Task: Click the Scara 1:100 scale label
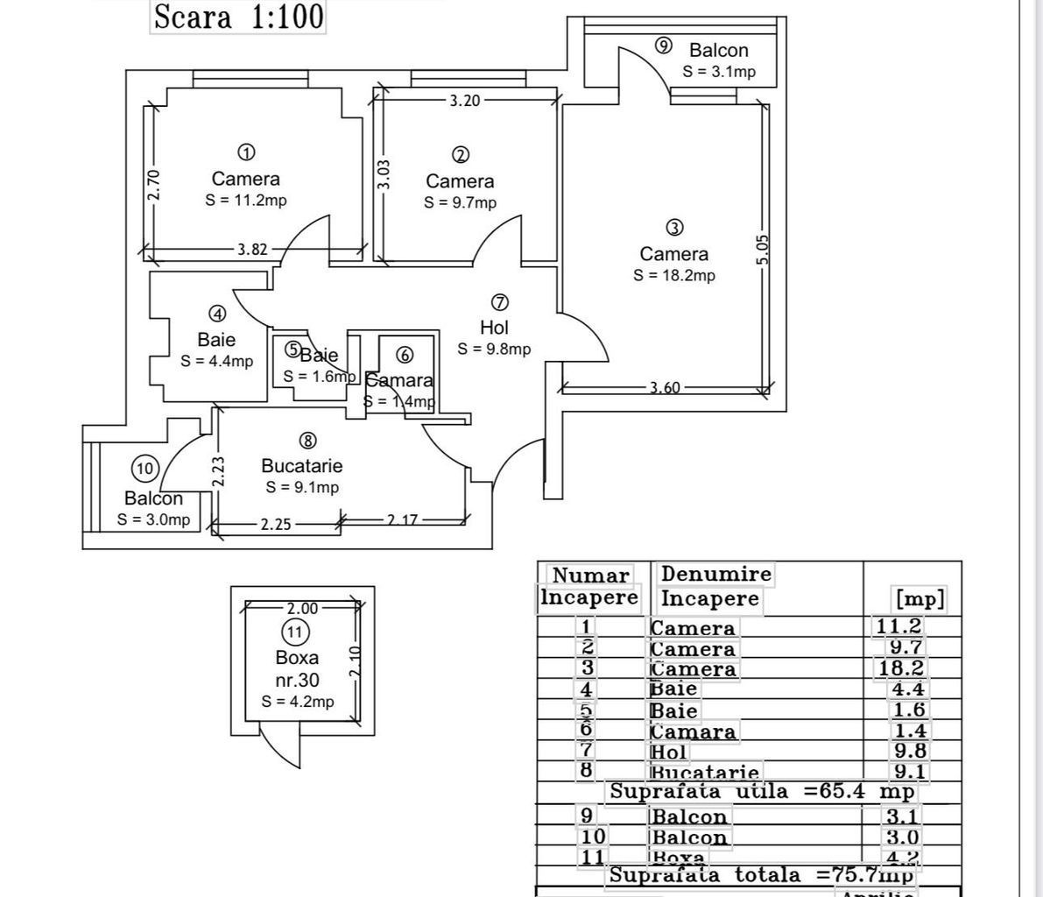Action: point(238,17)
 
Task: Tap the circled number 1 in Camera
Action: point(247,152)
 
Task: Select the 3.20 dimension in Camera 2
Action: point(465,101)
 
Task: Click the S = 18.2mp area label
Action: point(674,275)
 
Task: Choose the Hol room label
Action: point(495,328)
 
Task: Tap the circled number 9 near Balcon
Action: point(664,46)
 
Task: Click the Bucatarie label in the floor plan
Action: point(302,466)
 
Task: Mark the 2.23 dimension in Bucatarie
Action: point(219,471)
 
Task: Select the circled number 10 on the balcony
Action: point(145,469)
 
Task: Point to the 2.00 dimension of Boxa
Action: point(302,608)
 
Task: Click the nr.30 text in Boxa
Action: point(297,680)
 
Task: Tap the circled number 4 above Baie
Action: point(217,314)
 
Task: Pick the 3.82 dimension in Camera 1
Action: point(252,250)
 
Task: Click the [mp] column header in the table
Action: point(919,599)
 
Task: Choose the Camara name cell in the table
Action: point(693,731)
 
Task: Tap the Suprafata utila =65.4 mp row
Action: point(762,792)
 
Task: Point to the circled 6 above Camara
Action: point(404,355)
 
